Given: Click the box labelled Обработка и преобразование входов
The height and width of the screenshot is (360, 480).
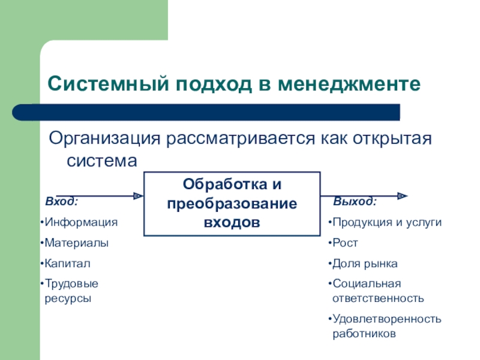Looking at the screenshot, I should (x=232, y=203).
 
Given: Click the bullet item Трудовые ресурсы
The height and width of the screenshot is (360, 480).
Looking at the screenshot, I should (x=71, y=290).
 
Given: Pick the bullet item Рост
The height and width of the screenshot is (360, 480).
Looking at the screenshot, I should (x=345, y=243).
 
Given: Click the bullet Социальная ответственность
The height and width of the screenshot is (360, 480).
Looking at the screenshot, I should (x=378, y=290).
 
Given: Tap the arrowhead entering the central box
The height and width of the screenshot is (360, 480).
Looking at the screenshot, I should (x=138, y=196).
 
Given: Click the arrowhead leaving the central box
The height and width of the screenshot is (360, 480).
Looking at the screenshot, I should (x=403, y=196).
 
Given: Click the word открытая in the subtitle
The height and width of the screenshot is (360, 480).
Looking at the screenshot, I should (x=396, y=139).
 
